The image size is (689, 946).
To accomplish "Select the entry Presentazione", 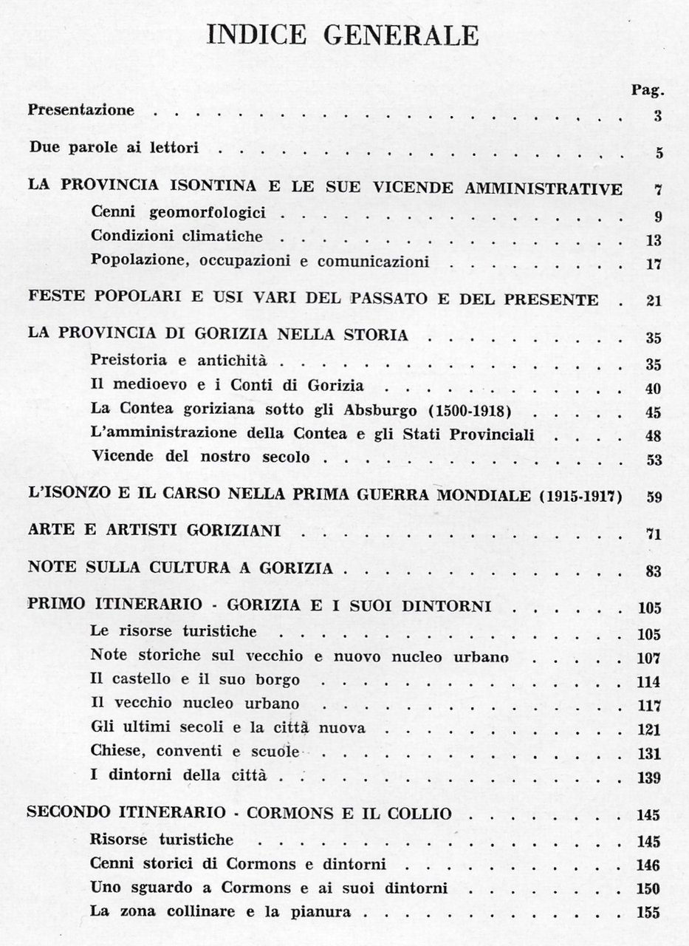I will tap(81, 111).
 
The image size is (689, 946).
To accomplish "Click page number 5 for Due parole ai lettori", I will tap(658, 154).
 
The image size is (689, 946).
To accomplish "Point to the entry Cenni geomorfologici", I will tap(178, 214).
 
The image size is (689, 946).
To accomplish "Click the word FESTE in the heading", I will tap(55, 299).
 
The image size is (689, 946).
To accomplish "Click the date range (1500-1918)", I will tap(426, 408).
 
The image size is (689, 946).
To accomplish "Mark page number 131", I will tap(649, 753).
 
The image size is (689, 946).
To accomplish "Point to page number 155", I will tap(649, 912).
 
